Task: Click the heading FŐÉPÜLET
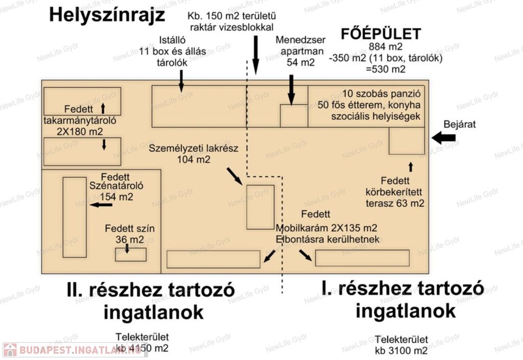click(381, 34)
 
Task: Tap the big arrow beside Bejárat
click(443, 137)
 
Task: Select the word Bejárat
click(459, 124)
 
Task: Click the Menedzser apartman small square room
click(294, 116)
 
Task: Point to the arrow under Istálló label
click(181, 82)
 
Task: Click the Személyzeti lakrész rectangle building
click(260, 207)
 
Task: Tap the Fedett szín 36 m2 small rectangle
click(131, 254)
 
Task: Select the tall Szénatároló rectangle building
click(75, 217)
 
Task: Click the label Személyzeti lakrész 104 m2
click(194, 154)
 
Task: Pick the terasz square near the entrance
click(407, 140)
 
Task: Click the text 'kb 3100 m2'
click(401, 351)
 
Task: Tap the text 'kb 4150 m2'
click(142, 348)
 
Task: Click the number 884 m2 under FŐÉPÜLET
click(386, 46)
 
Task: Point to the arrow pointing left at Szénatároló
click(101, 204)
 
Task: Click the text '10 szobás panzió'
click(381, 93)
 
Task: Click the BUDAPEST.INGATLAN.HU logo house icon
click(10, 350)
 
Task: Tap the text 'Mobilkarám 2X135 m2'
click(326, 228)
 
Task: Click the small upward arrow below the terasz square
click(411, 167)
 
